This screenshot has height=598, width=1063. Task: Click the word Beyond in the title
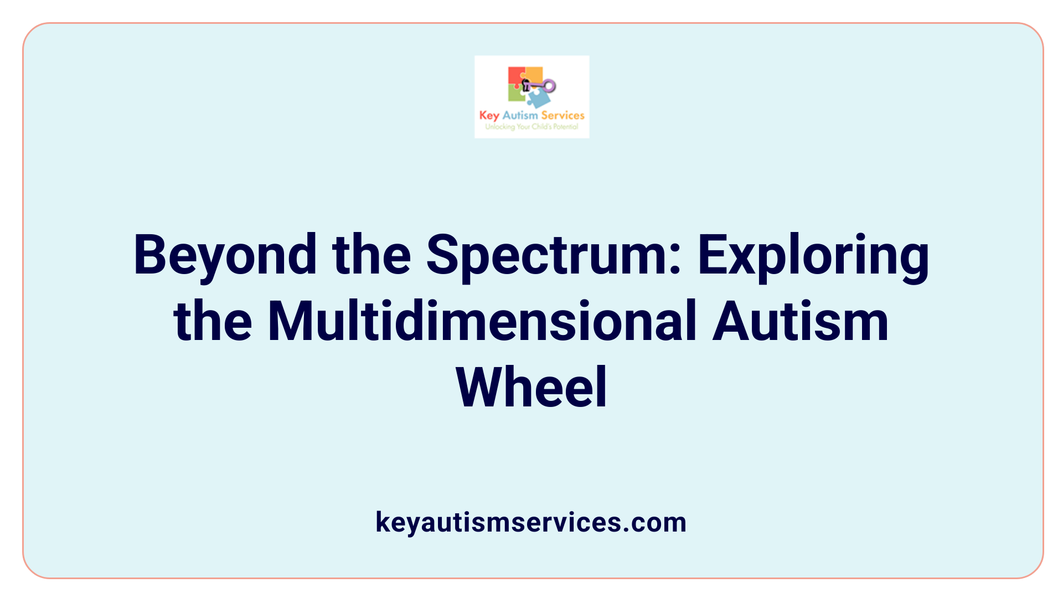[225, 256]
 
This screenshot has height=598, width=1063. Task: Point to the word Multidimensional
[482, 321]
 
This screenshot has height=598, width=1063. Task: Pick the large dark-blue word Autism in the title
[800, 321]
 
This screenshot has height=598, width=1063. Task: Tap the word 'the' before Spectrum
[371, 256]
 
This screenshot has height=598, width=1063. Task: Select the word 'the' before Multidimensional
[213, 321]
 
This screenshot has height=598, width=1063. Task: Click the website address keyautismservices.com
[531, 522]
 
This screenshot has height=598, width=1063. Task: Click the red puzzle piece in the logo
[516, 76]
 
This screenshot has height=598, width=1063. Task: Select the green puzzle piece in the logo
[516, 94]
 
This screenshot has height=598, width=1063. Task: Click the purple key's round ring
[549, 85]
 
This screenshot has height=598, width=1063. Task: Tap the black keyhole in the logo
[525, 85]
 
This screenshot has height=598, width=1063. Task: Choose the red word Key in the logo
[489, 116]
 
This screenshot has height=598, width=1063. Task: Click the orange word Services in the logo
[563, 115]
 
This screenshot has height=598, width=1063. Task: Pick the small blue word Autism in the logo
[520, 115]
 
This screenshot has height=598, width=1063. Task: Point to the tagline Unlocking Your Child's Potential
[531, 127]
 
